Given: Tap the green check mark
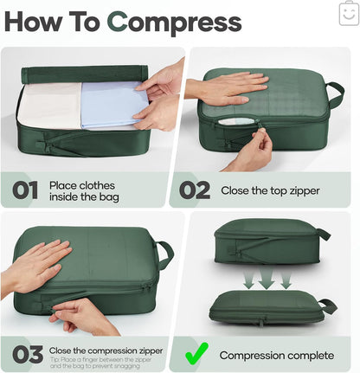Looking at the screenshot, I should [x=197, y=354].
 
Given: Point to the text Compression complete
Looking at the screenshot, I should [x=275, y=355].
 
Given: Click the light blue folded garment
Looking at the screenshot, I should [x=112, y=104].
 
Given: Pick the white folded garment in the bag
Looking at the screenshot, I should [x=50, y=106].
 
